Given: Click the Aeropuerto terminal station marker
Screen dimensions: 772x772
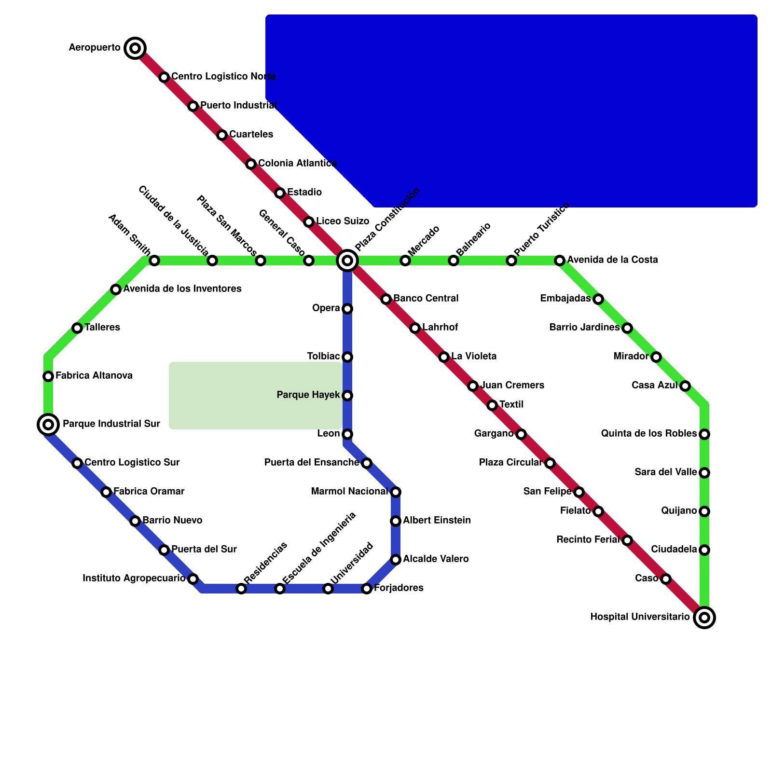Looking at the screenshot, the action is (x=135, y=48).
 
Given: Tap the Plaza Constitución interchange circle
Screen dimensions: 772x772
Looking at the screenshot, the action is (x=347, y=261).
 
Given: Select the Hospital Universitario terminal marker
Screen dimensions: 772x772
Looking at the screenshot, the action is (x=704, y=617).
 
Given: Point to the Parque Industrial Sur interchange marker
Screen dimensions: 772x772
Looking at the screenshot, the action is (x=48, y=425).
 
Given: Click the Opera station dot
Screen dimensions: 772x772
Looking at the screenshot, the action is (x=347, y=309).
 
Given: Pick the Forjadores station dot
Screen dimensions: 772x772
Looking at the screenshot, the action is (x=367, y=589).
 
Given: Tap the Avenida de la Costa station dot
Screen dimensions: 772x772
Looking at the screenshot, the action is (x=560, y=261).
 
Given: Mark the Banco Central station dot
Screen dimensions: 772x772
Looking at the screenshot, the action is (x=386, y=299).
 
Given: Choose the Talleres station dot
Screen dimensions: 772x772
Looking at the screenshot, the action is (x=77, y=328).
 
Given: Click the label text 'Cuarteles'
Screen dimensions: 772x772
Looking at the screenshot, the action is (x=251, y=134).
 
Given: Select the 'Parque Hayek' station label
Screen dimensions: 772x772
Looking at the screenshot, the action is (x=308, y=395).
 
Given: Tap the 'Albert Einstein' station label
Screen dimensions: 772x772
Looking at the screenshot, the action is (x=437, y=521).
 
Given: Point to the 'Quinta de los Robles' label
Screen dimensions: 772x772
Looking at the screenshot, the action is (x=648, y=434).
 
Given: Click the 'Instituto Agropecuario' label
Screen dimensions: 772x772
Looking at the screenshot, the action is (x=134, y=578).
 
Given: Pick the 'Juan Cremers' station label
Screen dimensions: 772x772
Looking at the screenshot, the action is (x=512, y=385).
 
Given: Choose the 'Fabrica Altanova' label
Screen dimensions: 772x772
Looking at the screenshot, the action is (x=94, y=375).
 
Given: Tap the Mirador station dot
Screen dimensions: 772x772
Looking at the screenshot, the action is (x=656, y=357).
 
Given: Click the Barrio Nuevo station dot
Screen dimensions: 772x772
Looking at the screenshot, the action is (x=135, y=521).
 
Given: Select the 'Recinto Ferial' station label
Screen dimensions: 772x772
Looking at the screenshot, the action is (x=587, y=539).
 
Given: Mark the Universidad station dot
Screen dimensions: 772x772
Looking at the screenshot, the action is (x=328, y=589).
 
